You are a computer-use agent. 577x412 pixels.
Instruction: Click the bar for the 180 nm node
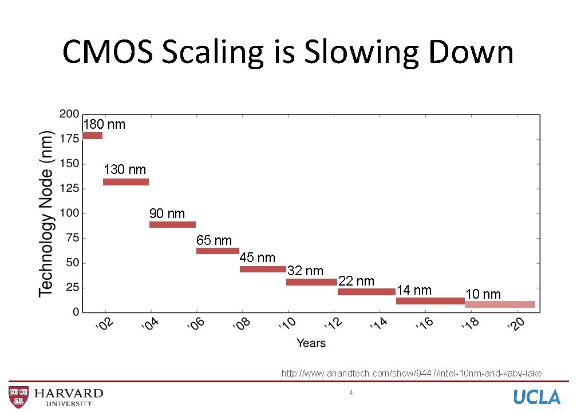coord(92,136)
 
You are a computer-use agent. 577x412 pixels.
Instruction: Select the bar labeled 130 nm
coord(126,182)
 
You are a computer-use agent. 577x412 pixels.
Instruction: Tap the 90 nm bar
coord(172,225)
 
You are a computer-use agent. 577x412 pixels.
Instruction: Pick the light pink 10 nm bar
coord(500,304)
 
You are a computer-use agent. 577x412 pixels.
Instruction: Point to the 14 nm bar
coord(430,301)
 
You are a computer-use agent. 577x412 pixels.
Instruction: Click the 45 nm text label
coord(257,258)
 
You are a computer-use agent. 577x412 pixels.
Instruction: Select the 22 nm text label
coord(356,281)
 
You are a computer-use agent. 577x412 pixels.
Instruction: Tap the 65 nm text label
coord(214,241)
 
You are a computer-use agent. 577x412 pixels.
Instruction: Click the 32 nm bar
coord(311,282)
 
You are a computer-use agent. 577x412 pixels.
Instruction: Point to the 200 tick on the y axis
coord(69,114)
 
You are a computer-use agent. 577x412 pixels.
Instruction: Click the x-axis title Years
coord(311,343)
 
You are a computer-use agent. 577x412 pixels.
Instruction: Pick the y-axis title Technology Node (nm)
coord(46,213)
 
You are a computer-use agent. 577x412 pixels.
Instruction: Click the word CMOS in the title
coord(107,52)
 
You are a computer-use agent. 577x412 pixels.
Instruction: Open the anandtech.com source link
coord(411,374)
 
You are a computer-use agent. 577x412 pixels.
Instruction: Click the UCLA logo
coord(536,397)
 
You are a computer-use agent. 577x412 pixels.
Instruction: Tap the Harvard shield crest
coord(18,397)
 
